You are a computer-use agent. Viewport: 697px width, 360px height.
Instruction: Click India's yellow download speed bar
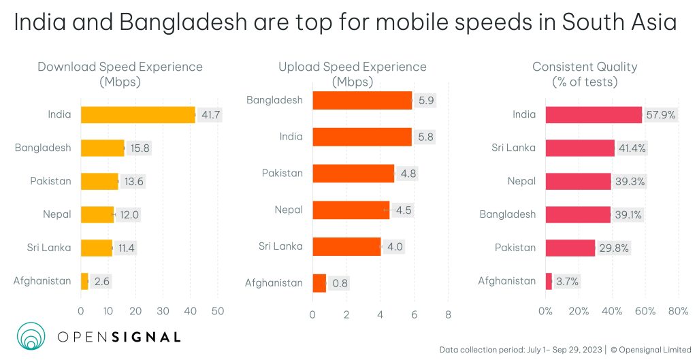[137, 114]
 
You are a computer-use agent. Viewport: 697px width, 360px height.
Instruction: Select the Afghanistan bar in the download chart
[84, 281]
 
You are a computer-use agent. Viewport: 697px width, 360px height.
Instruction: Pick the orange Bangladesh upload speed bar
[362, 100]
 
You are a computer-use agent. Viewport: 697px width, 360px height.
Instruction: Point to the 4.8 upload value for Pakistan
[408, 174]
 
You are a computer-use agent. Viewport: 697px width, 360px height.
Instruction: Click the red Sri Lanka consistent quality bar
[580, 148]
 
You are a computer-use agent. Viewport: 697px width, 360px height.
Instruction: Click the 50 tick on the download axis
[218, 311]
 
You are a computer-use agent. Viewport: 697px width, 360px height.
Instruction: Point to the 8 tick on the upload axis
[448, 314]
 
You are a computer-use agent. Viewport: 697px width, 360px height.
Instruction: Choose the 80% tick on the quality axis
[678, 311]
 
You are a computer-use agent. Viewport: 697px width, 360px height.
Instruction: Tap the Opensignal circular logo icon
[31, 336]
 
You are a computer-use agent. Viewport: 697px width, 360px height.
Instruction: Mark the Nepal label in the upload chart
[289, 210]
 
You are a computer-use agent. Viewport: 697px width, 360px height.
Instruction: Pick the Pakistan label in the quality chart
[515, 248]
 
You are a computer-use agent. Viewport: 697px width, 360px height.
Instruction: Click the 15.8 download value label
[140, 148]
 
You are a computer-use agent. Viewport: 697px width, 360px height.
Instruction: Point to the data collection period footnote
[521, 350]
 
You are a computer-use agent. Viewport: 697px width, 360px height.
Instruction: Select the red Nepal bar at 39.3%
[578, 181]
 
